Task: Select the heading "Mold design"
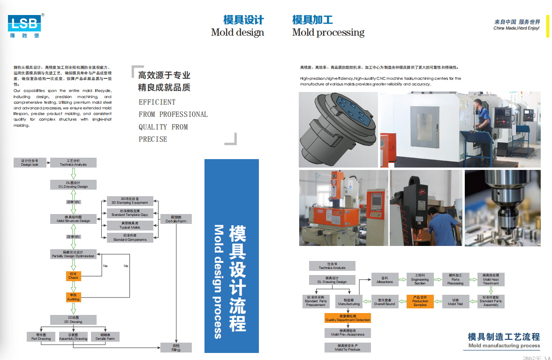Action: tap(237, 32)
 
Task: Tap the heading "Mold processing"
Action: tap(328, 32)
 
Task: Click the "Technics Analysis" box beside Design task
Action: tap(73, 162)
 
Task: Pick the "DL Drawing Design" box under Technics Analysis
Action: tap(73, 184)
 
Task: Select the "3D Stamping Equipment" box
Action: tap(129, 201)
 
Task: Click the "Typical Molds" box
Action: tap(129, 225)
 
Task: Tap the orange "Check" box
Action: tap(73, 276)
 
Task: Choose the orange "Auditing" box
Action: tap(73, 297)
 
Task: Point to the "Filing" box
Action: tap(175, 347)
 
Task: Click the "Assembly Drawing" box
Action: tap(73, 337)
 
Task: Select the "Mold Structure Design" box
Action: tap(73, 219)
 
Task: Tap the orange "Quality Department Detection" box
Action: tap(348, 318)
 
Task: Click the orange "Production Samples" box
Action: tap(420, 301)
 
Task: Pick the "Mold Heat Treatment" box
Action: tap(491, 279)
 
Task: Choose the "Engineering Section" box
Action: tap(420, 279)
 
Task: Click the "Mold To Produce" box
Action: tap(348, 347)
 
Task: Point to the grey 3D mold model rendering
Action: tap(338, 129)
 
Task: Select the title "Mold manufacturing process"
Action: tap(504, 346)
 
